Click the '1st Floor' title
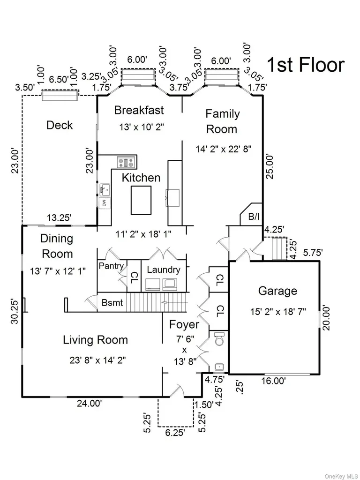[306, 65]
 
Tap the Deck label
[60, 125]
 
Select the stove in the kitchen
[127, 162]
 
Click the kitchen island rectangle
[141, 200]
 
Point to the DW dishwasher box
[105, 202]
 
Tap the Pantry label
[111, 266]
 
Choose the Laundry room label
[164, 270]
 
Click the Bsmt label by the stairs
[112, 303]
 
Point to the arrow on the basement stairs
[174, 302]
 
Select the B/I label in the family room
[254, 217]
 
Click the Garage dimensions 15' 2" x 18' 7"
[278, 312]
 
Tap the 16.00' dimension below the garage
[273, 381]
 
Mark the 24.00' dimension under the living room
[89, 404]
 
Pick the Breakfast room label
[139, 110]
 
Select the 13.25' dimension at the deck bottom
[59, 217]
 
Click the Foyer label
[184, 324]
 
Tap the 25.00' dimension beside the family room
[269, 166]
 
